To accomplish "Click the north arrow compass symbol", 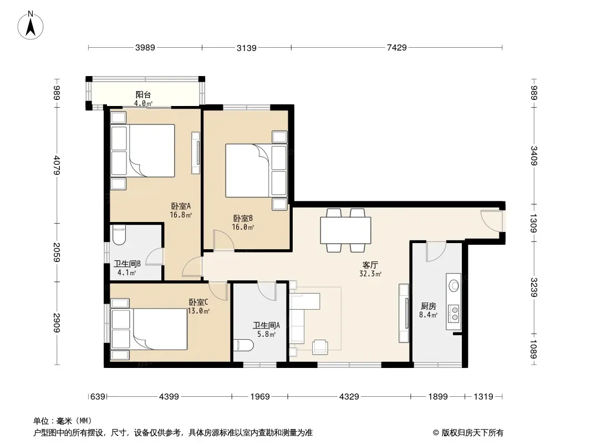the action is (30, 26).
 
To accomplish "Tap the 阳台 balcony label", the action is (143, 94).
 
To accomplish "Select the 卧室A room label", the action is (181, 206).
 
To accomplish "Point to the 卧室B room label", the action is (243, 218).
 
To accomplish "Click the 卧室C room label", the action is (198, 302).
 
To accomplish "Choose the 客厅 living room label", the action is (370, 265).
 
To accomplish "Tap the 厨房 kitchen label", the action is (428, 306).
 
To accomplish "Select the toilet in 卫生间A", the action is (243, 345).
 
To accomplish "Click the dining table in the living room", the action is (345, 230).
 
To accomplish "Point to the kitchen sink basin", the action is (454, 285).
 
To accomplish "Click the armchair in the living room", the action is (320, 347).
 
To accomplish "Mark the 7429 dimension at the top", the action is (397, 48).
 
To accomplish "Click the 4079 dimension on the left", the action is (57, 165).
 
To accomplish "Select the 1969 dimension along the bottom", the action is (260, 396).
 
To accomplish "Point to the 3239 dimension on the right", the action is (534, 287).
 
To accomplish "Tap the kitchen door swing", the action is (436, 251).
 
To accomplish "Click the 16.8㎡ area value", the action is (181, 215).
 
